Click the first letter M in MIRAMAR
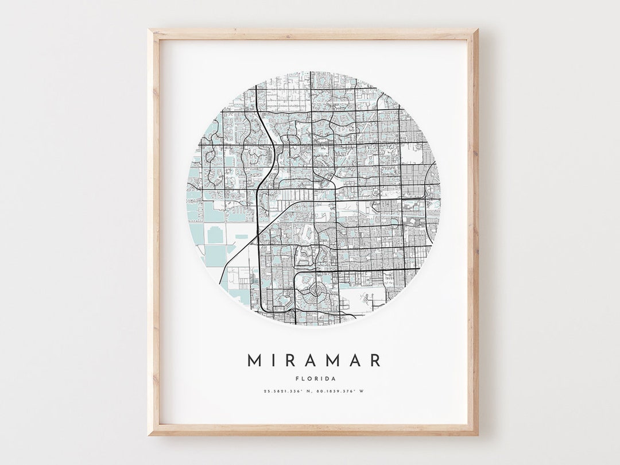(x=254, y=361)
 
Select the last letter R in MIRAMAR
(x=375, y=361)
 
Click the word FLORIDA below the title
(x=314, y=378)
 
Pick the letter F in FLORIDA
(x=297, y=378)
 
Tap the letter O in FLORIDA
(x=308, y=378)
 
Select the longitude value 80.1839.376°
(x=337, y=392)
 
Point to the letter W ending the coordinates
(x=362, y=392)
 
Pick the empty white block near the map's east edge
(x=411, y=154)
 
